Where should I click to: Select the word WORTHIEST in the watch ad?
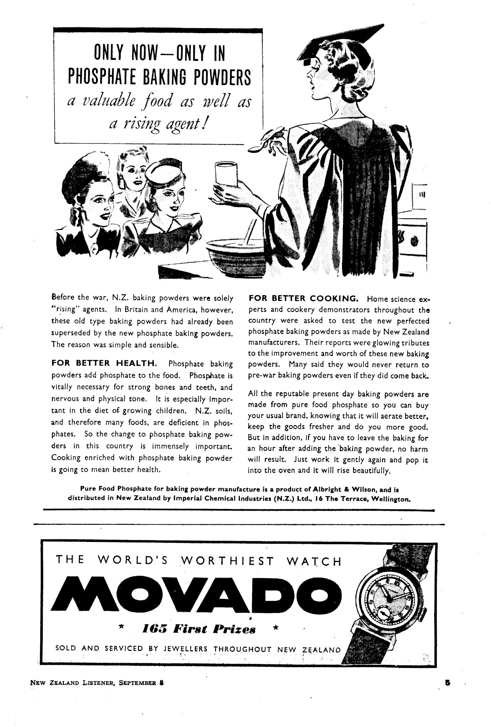(228, 561)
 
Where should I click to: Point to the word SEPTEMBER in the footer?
(137, 696)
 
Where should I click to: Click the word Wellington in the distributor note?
(391, 499)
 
